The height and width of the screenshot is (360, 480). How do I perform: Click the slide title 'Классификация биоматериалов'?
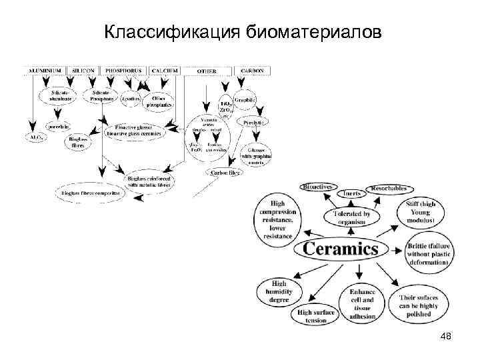[x=243, y=31]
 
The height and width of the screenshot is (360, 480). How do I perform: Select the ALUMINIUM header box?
[x=45, y=70]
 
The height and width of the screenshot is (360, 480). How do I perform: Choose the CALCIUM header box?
[x=164, y=70]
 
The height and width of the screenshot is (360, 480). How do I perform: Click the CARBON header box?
[x=252, y=70]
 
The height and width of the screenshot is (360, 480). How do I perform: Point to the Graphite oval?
[x=245, y=100]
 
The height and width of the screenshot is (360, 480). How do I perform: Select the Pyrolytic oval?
[x=254, y=123]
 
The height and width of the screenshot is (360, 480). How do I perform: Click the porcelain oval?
[x=58, y=126]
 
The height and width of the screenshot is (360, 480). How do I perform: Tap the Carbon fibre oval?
[x=226, y=172]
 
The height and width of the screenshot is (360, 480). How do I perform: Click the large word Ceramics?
[x=341, y=250]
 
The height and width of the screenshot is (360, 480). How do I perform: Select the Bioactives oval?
[x=319, y=187]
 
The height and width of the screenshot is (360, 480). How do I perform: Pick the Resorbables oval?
[x=391, y=189]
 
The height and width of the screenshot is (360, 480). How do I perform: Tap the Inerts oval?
[x=353, y=194]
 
